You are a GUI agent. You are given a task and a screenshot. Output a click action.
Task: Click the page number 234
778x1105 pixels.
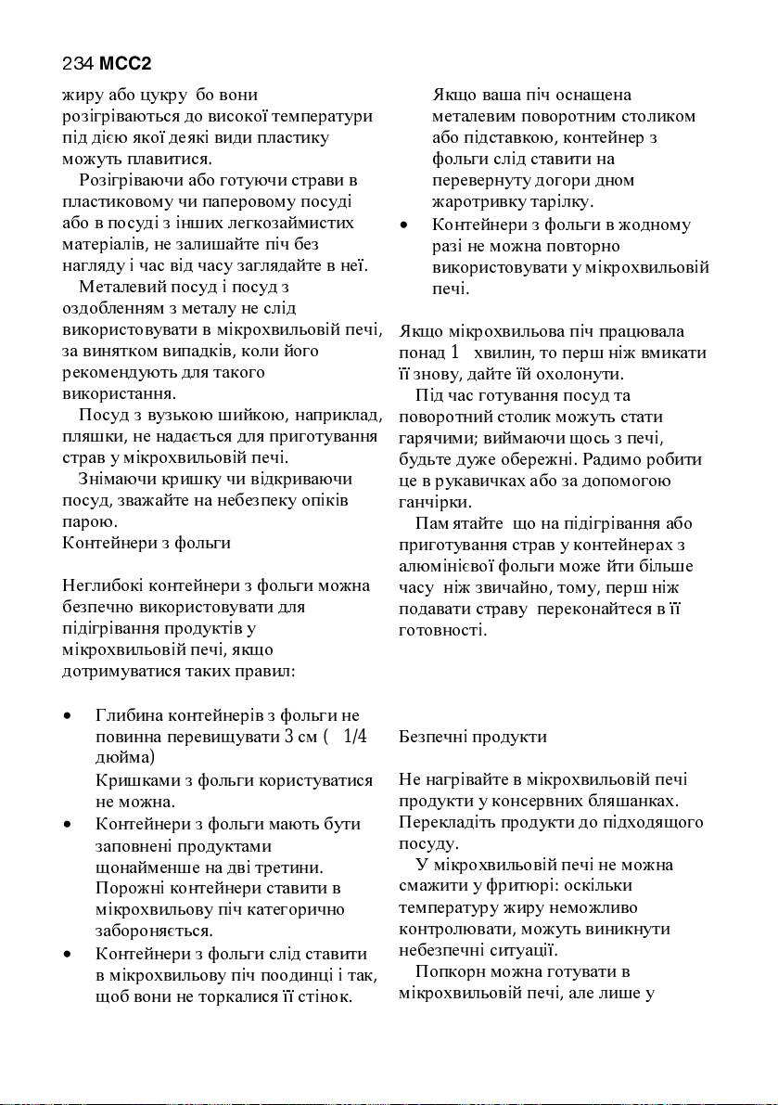pos(77,64)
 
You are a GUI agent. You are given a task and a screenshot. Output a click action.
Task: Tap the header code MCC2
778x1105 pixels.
pos(125,64)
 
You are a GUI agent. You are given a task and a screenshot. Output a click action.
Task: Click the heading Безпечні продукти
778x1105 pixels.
pos(473,737)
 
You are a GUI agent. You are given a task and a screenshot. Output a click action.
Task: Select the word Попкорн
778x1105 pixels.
pos(452,972)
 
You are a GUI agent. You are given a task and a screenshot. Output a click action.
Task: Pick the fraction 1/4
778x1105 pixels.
pos(355,737)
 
